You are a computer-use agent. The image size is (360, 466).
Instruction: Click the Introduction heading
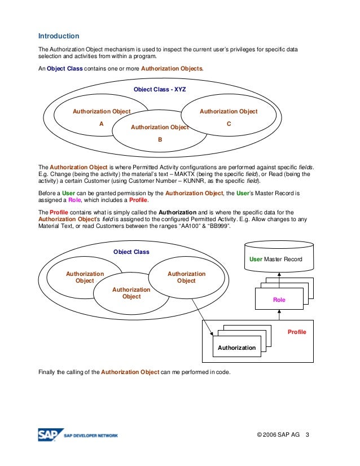(x=59, y=36)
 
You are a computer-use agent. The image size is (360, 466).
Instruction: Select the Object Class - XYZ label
(x=160, y=89)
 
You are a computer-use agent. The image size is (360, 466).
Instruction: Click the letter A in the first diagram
(x=102, y=124)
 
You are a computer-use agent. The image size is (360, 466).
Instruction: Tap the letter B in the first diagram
(x=160, y=140)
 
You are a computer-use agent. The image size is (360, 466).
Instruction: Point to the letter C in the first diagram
(x=229, y=124)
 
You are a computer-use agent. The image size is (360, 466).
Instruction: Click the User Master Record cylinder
(x=276, y=259)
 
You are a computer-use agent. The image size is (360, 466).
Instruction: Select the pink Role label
(x=279, y=300)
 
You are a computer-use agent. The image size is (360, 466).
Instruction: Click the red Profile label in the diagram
(x=297, y=332)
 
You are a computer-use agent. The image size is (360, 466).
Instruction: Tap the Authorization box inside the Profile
(x=236, y=348)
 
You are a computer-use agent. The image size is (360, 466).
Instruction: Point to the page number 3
(x=308, y=435)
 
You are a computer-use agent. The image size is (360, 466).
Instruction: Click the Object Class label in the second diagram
(x=131, y=252)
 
